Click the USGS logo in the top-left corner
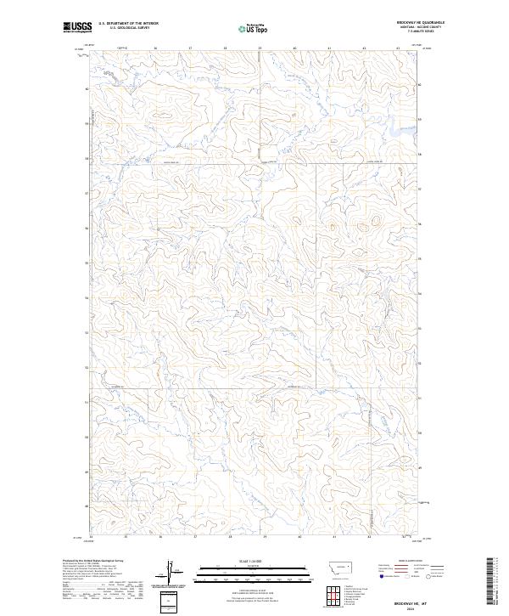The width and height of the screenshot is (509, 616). tap(77, 27)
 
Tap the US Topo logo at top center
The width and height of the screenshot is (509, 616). tap(255, 28)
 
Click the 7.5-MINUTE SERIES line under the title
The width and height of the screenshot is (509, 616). tap(421, 33)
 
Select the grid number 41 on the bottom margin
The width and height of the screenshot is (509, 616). tap(334, 537)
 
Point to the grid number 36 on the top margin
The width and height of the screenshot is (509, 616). tap(157, 48)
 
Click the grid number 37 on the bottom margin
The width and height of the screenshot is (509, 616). tap(194, 537)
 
